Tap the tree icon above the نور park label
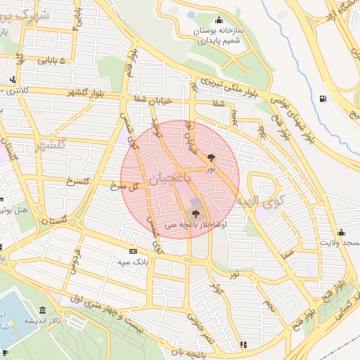point(211,158)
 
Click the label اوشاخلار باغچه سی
point(195,224)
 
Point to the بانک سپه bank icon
point(133,251)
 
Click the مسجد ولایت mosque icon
point(342,231)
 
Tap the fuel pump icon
point(322,98)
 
